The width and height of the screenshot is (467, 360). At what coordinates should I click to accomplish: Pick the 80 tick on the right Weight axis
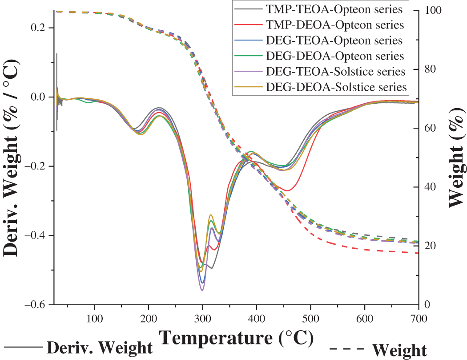coord(430,69)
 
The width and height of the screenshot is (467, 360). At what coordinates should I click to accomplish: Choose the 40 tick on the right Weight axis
coord(430,186)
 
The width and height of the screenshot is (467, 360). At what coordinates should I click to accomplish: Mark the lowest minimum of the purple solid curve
coord(202,290)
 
